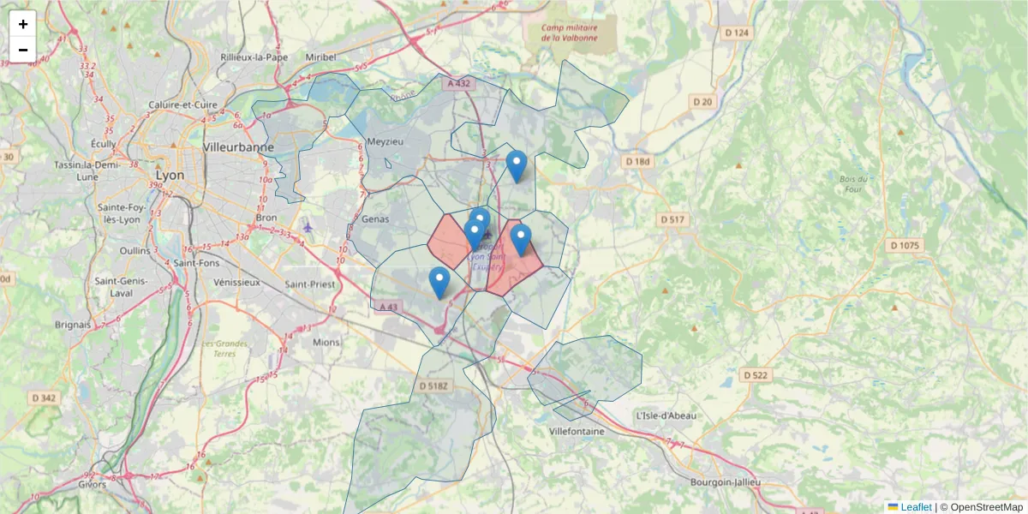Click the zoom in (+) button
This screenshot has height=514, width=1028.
[23, 24]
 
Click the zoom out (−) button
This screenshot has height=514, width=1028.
[23, 50]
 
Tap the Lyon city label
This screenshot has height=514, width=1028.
[170, 174]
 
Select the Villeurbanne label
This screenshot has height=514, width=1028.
[238, 146]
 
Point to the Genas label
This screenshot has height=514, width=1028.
[375, 218]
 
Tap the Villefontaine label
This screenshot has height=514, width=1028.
[577, 431]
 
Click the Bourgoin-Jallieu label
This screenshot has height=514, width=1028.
[725, 482]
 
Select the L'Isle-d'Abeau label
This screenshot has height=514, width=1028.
[666, 415]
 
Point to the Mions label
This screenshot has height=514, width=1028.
[326, 342]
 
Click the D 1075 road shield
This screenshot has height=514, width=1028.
[904, 245]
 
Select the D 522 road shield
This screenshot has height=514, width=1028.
[756, 375]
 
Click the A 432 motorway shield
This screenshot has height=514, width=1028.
[458, 83]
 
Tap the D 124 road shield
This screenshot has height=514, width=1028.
[736, 33]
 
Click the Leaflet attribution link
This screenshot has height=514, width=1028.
[916, 507]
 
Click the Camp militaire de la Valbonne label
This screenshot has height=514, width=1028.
[568, 32]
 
